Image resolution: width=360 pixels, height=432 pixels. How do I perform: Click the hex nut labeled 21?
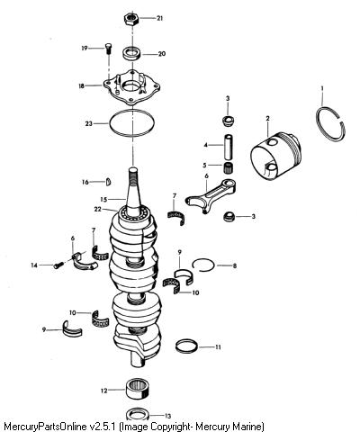click(x=130, y=20)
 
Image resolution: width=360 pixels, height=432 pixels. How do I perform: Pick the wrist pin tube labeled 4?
click(x=229, y=148)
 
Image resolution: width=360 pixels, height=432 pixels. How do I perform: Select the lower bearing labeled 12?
click(x=138, y=389)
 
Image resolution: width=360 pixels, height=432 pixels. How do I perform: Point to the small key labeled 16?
click(x=109, y=182)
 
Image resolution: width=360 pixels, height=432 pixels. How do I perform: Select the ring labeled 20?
click(x=132, y=54)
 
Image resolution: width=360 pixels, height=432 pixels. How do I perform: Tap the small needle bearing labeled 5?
click(x=229, y=167)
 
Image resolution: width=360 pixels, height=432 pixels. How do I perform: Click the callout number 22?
click(x=98, y=209)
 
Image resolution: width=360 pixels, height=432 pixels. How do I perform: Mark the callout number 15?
click(x=103, y=199)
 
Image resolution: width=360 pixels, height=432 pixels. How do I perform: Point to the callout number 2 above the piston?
click(x=267, y=119)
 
